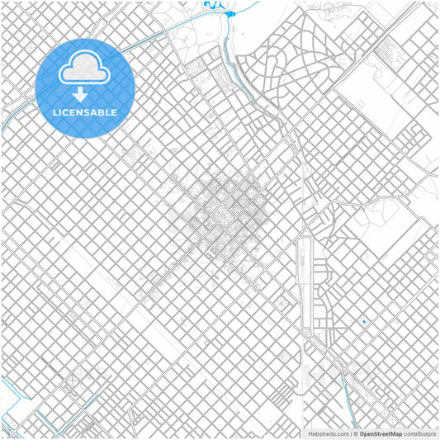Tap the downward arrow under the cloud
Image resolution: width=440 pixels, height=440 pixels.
tap(80, 92)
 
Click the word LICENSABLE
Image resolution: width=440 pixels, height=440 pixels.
tap(85, 111)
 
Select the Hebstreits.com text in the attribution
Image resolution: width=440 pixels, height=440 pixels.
tap(328, 433)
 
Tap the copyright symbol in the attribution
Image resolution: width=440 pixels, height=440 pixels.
tap(355, 433)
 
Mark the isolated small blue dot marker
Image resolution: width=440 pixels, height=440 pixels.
tap(363, 321)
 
